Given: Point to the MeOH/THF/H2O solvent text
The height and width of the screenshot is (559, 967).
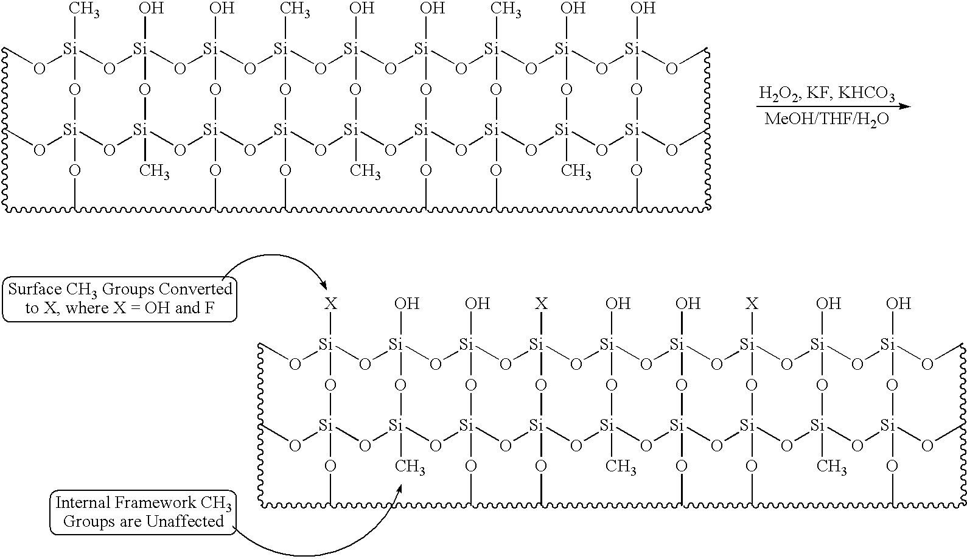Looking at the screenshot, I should pyautogui.click(x=826, y=119).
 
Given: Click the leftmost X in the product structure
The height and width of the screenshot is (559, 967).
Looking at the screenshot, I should pyautogui.click(x=330, y=304).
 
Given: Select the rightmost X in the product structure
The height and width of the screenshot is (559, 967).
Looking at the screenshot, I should pyautogui.click(x=752, y=304).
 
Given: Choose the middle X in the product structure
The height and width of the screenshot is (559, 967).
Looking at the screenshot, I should pyautogui.click(x=541, y=304).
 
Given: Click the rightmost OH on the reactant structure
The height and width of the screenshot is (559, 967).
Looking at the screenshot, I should pyautogui.click(x=643, y=9).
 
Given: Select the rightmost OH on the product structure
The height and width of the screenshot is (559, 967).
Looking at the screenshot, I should pyautogui.click(x=898, y=304).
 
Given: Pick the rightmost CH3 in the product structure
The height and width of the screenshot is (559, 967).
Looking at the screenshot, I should pyautogui.click(x=831, y=467).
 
